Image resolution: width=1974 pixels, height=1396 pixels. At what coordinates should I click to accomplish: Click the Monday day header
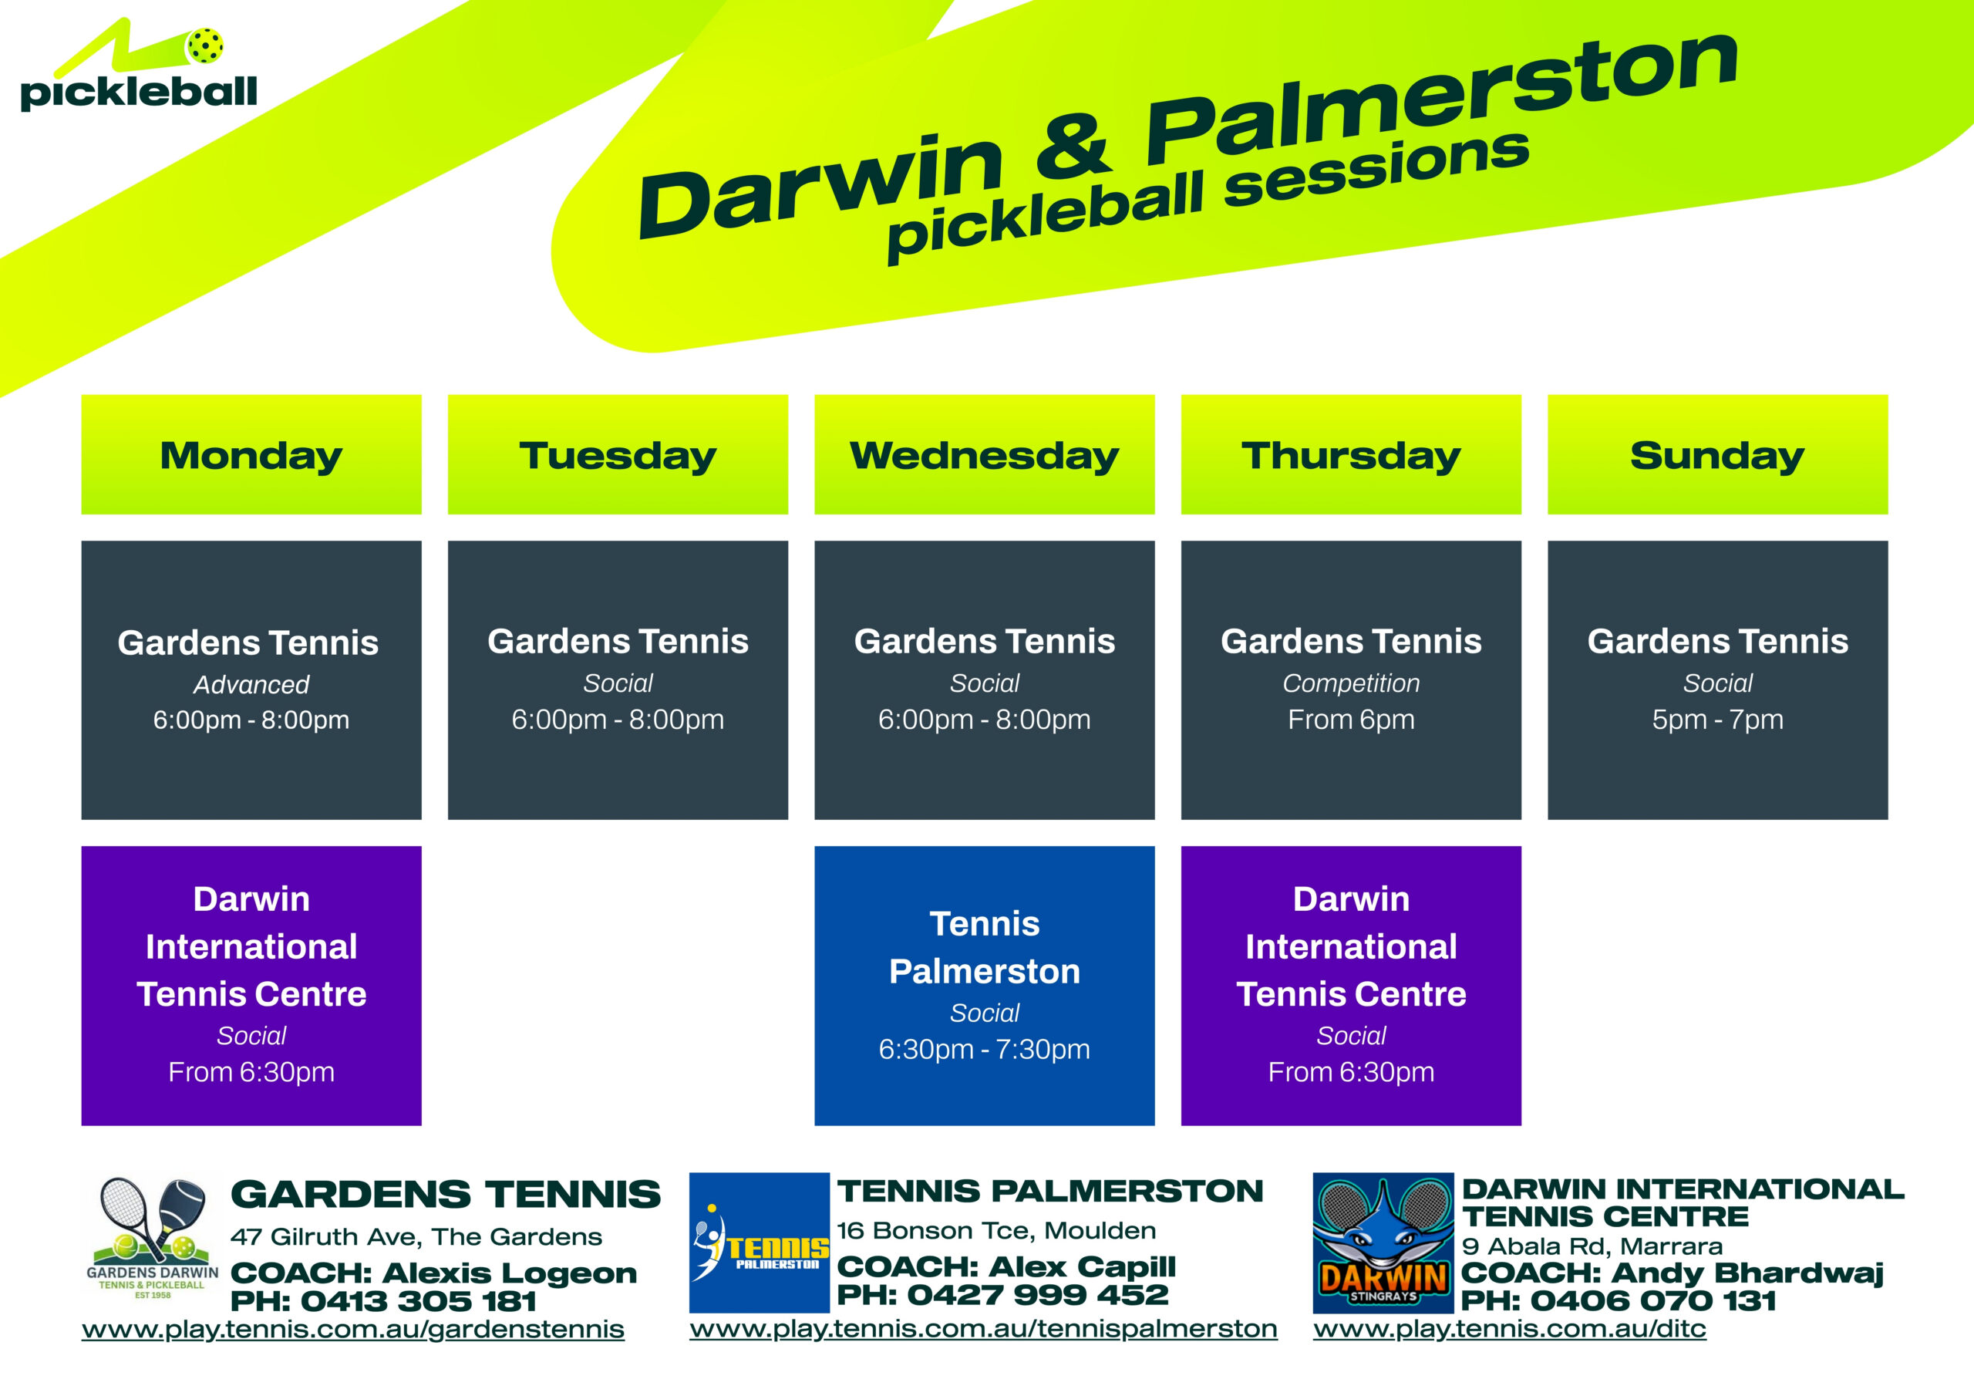coord(251,454)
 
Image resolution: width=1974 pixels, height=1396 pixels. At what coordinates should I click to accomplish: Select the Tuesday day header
coord(618,454)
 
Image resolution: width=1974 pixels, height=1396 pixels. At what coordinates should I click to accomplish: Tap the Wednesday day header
coord(985,454)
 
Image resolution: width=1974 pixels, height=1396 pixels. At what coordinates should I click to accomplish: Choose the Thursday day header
coord(1351,454)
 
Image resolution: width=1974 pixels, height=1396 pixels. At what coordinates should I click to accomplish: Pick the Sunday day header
coord(1718,454)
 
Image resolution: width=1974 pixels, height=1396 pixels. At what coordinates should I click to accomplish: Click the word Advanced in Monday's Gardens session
coord(251,685)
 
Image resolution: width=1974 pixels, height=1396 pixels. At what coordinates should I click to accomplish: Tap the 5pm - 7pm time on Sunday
coord(1718,719)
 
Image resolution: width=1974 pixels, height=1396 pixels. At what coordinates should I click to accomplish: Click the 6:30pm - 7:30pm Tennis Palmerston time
coord(985,1050)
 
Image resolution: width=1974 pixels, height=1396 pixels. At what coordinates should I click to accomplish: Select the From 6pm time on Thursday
coord(1351,719)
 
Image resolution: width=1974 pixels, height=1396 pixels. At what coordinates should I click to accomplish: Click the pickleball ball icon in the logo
coord(204,46)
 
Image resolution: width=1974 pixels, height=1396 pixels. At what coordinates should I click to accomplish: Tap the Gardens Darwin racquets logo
coord(152,1239)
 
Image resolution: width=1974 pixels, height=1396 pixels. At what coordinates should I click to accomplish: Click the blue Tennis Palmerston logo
coord(760,1242)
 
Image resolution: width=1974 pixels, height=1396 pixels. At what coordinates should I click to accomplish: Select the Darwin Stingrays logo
coord(1383,1242)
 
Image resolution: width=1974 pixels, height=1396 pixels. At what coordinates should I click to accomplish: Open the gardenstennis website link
coord(352,1330)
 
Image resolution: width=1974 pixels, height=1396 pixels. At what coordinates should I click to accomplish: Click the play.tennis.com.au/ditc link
coord(1510,1329)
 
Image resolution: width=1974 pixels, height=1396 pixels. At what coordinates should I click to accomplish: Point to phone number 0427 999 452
coord(1038,1294)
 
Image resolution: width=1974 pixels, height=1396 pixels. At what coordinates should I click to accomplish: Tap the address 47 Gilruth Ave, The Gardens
coord(416,1237)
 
